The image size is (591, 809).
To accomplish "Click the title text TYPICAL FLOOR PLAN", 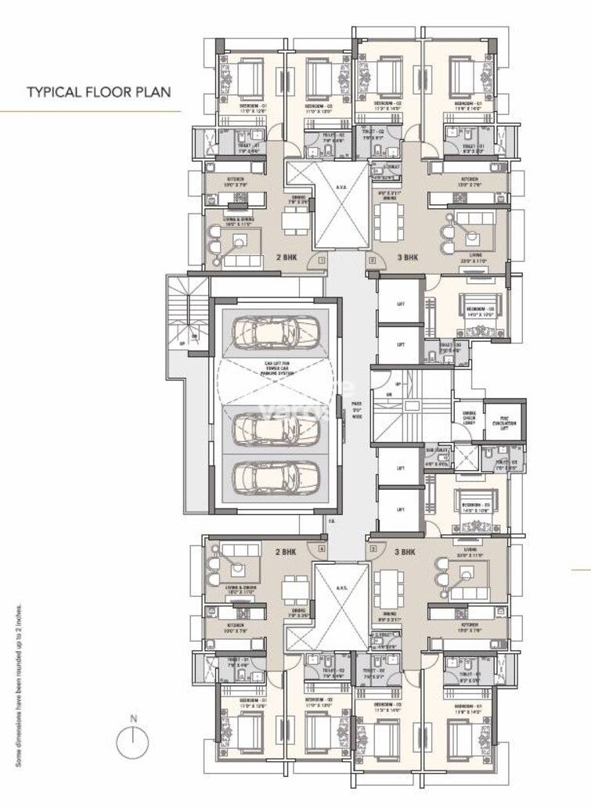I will click(99, 92).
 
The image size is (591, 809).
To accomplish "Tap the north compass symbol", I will click(133, 738).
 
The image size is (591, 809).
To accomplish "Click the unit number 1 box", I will click(322, 259).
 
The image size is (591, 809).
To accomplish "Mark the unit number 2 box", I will click(373, 259).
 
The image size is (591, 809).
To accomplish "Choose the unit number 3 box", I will click(373, 549).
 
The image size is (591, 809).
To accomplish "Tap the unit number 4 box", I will click(322, 549).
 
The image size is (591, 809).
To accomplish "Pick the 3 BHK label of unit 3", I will click(407, 551).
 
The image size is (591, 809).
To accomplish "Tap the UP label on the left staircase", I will click(182, 342).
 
